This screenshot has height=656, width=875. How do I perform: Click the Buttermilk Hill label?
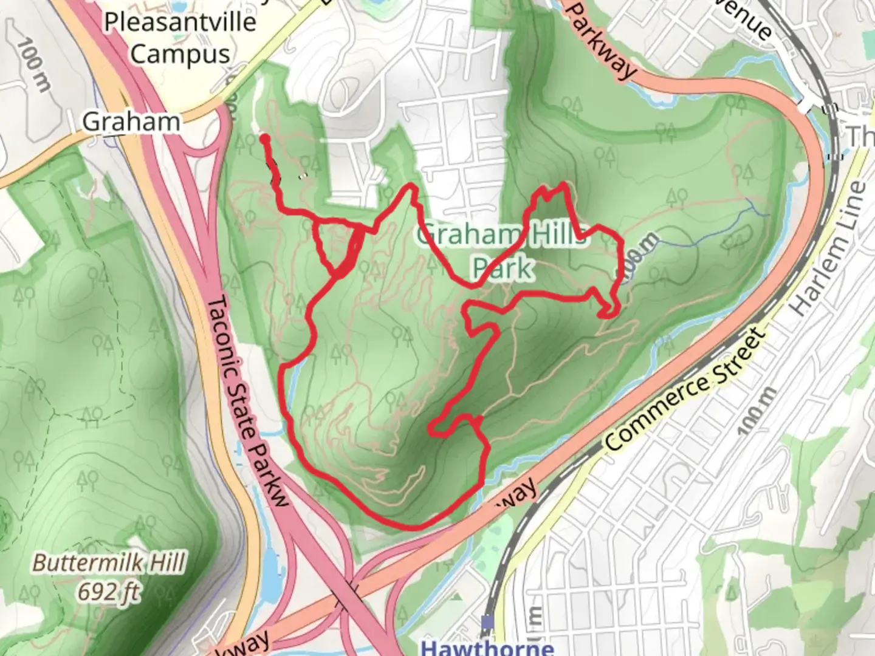(108, 563)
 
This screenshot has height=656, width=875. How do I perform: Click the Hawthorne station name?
(487, 647)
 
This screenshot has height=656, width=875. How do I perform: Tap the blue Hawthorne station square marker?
(487, 622)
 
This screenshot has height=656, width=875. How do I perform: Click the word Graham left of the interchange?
(131, 122)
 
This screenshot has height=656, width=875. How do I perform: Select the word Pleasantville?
(180, 22)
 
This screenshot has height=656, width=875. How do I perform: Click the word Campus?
(180, 54)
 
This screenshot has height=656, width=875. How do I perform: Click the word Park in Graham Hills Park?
(503, 268)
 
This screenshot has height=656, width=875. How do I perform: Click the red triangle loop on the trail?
(337, 246)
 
